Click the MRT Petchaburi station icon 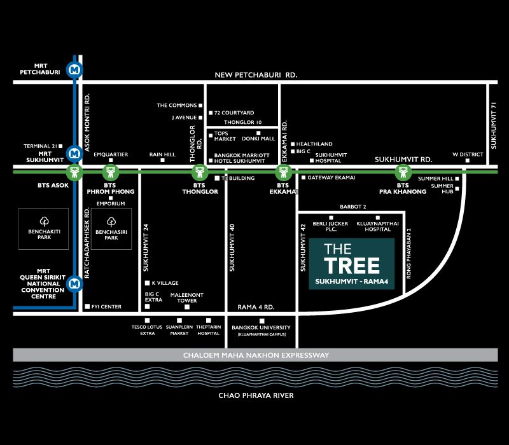click(x=75, y=69)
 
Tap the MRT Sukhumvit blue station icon click(x=75, y=153)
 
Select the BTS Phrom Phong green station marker click(x=111, y=172)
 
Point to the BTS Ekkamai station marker click(x=283, y=172)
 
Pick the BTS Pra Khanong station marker click(x=401, y=172)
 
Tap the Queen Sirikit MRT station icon click(x=75, y=284)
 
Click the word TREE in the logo click(x=352, y=265)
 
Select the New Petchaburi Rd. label click(x=256, y=74)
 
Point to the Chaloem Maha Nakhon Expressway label click(x=256, y=355)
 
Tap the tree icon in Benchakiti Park click(x=44, y=221)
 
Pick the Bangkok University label click(x=262, y=327)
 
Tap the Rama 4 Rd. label click(x=255, y=306)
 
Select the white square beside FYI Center click(x=87, y=306)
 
